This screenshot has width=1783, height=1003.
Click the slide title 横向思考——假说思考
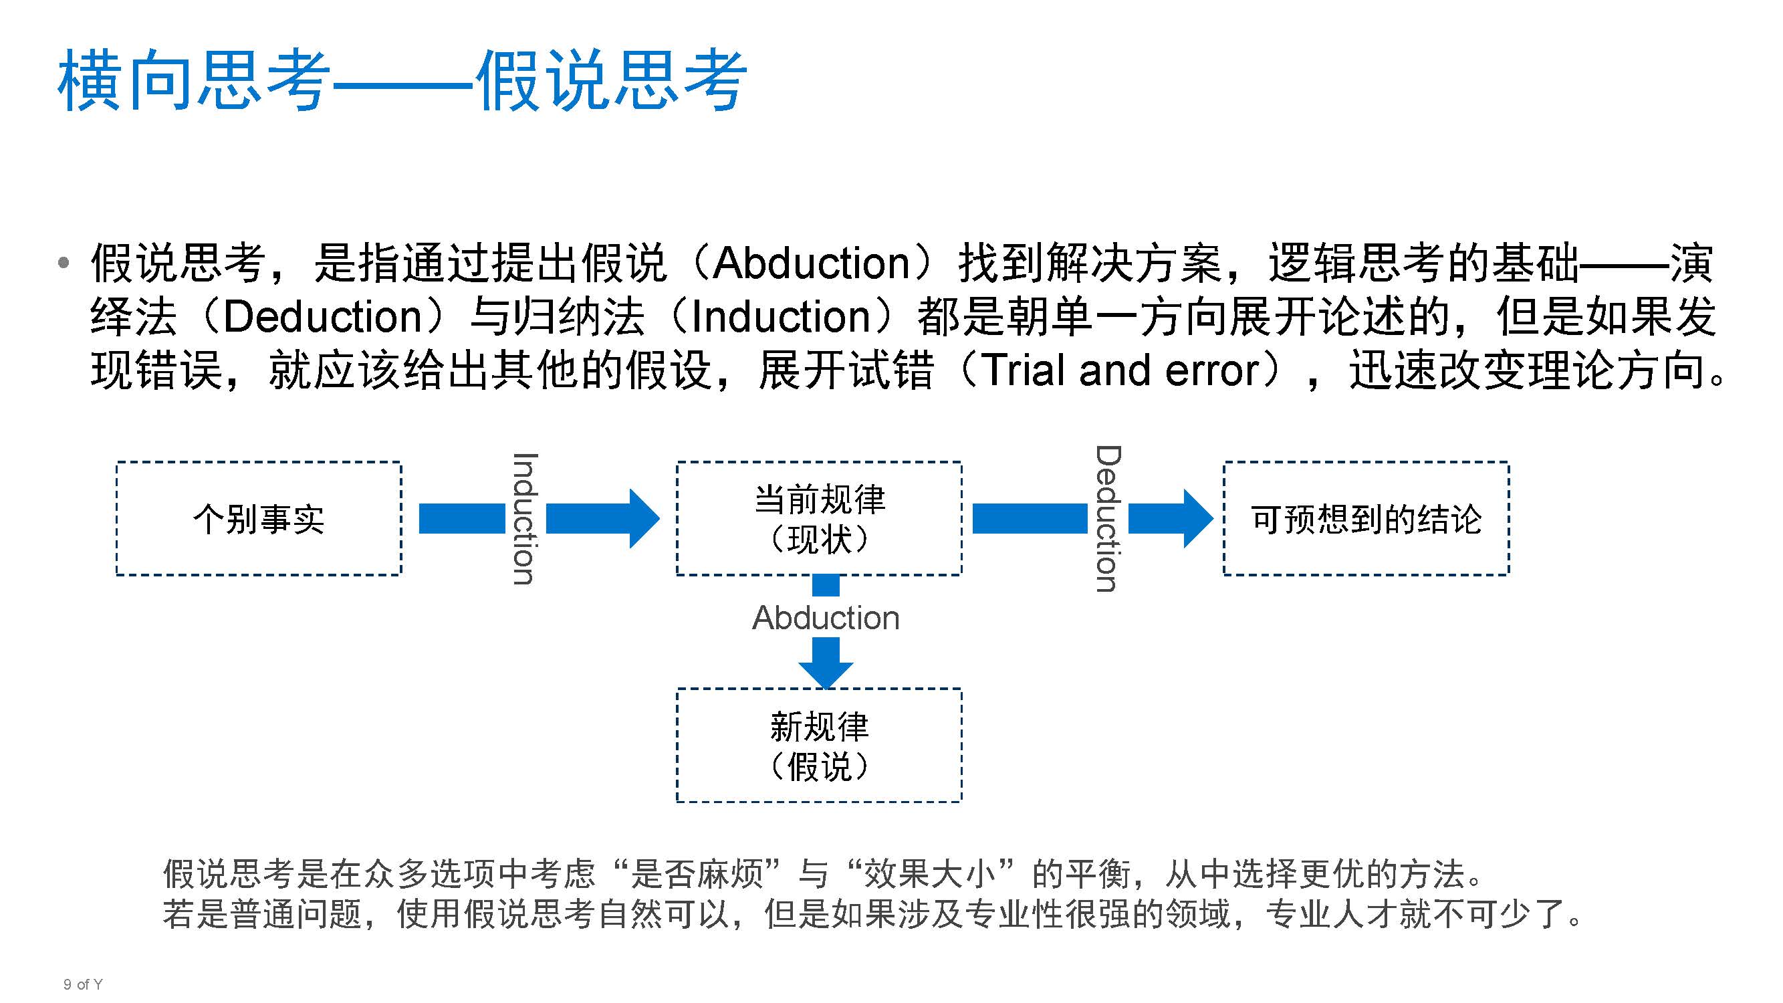coord(401,80)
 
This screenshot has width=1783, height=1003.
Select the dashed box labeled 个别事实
coord(258,518)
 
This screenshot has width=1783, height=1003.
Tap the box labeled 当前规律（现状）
coord(819,518)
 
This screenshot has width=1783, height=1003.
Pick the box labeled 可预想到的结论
coord(1366,518)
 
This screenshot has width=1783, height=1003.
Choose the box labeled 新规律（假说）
coord(819,746)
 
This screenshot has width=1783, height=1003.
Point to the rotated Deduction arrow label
coord(1108,518)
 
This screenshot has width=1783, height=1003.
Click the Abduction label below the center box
coord(826,617)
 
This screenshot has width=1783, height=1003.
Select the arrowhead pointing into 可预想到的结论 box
coord(1197,518)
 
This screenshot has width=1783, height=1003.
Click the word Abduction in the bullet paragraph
coord(810,263)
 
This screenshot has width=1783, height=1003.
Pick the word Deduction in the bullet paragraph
coord(322,317)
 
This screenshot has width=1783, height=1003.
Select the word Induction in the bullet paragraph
coord(781,317)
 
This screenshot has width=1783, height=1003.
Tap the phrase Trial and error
coord(1120,370)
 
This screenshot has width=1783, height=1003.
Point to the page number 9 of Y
coord(82,984)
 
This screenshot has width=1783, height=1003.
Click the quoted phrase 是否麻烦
coord(697,873)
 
